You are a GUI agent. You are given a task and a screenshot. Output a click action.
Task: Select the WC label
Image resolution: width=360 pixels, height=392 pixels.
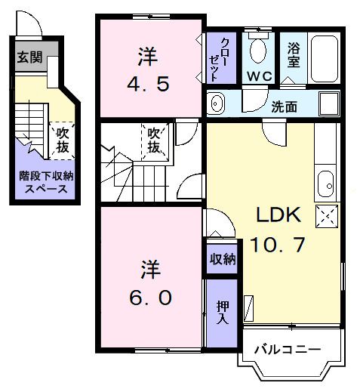[259, 77]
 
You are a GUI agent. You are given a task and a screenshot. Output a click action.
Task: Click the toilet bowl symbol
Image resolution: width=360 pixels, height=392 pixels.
[259, 51]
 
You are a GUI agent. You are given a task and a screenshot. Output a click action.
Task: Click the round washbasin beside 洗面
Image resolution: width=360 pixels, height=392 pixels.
[215, 103]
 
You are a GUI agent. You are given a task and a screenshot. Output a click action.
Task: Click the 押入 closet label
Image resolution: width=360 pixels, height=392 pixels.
[223, 312]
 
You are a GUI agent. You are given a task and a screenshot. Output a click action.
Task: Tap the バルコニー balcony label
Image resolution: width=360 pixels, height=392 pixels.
[287, 350]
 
